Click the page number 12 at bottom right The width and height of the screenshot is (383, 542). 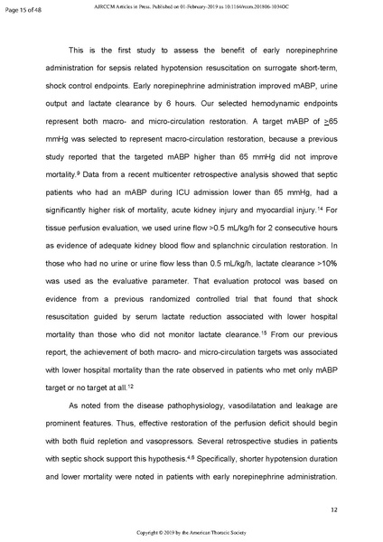(333, 510)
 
